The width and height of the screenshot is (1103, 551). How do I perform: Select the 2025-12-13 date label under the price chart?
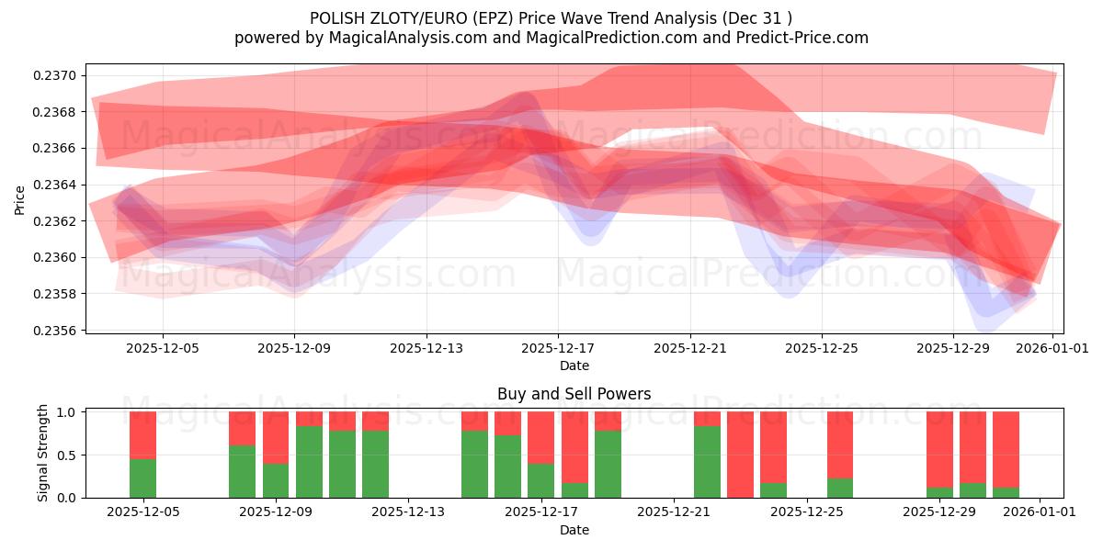426,348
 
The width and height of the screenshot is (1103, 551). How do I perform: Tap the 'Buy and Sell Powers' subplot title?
574,394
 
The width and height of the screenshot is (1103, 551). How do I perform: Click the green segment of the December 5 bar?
142,478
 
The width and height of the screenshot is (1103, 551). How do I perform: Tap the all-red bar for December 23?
740,455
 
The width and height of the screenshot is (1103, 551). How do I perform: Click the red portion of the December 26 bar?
840,444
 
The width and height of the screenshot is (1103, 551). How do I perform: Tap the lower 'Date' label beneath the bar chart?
574,530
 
